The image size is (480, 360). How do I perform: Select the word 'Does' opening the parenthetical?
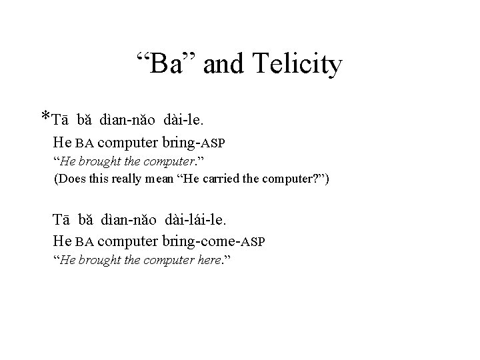(69, 179)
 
